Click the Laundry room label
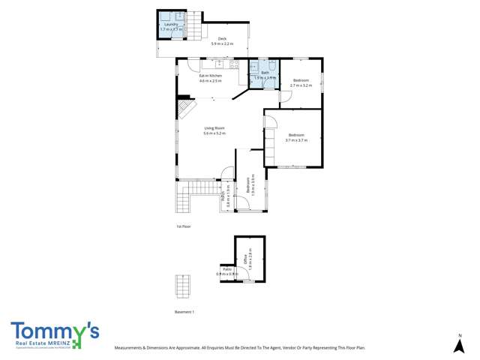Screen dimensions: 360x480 171,26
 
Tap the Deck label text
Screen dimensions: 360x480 222,41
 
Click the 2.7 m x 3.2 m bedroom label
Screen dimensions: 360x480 301,82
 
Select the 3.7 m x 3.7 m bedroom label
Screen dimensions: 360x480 295,137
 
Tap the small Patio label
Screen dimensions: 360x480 226,271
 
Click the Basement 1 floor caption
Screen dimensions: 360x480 184,312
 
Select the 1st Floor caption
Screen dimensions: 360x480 183,225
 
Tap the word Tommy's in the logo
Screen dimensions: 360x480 53,330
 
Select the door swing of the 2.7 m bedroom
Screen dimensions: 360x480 297,64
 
